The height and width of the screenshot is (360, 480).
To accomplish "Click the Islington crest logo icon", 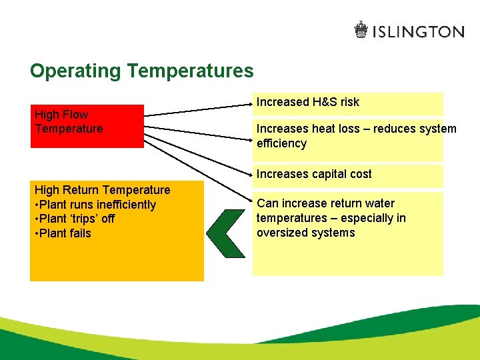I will [x=361, y=30].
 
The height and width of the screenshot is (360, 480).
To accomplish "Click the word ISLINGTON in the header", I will [x=418, y=31].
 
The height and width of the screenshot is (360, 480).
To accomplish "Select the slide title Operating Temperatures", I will [x=142, y=71].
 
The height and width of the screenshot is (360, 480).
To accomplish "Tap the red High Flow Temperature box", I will [x=87, y=125].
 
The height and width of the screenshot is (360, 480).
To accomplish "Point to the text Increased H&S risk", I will [x=307, y=102].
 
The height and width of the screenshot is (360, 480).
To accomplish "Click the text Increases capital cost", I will [x=314, y=174].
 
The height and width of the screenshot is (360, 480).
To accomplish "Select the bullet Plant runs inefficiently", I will [x=97, y=205].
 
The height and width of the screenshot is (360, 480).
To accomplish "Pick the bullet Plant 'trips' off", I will [x=77, y=219].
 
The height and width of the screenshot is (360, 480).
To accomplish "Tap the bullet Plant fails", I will [x=65, y=233].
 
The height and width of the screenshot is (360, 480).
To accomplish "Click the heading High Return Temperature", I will [x=102, y=190].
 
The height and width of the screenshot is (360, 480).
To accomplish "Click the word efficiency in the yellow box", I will [x=281, y=143].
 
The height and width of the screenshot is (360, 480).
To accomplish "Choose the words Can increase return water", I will [x=325, y=203].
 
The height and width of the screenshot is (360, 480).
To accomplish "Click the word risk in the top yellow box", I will [x=347, y=102].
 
